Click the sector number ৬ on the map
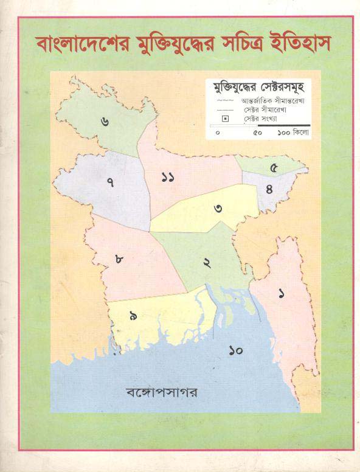click(106, 120)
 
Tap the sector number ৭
click(110, 182)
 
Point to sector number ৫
click(274, 168)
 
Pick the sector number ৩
click(217, 209)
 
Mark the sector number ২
click(207, 263)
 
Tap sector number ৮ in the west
click(119, 260)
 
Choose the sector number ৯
click(132, 315)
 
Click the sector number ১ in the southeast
click(281, 294)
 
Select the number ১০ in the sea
click(237, 350)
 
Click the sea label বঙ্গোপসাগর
click(159, 390)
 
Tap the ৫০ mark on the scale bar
click(257, 132)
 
